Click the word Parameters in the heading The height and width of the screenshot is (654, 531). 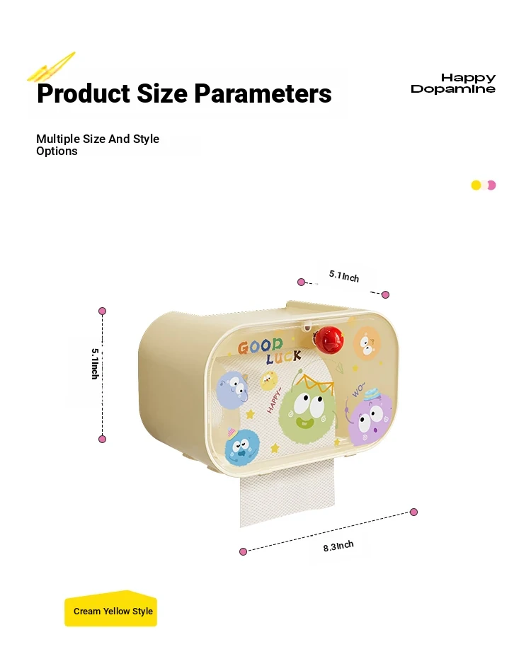263,93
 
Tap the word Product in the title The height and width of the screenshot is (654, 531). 84,93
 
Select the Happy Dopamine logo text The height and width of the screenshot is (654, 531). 453,84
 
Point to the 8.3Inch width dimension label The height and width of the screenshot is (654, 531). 338,546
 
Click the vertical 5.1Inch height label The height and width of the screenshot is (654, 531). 95,364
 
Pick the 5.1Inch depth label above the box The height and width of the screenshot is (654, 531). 344,276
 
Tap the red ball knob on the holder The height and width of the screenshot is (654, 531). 329,339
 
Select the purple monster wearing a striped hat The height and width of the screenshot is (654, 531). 370,417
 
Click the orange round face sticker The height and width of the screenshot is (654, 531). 367,343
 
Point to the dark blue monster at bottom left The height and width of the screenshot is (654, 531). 241,447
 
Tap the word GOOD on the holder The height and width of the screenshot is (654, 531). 261,346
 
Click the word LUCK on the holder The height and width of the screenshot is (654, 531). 284,357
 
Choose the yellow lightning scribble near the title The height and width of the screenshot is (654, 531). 51,67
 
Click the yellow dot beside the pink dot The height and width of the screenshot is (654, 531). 476,185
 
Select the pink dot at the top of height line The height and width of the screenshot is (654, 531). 102,311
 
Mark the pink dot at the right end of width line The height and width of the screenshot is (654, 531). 413,512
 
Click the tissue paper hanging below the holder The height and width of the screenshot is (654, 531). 287,494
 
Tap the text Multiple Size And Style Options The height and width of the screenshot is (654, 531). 98,144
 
